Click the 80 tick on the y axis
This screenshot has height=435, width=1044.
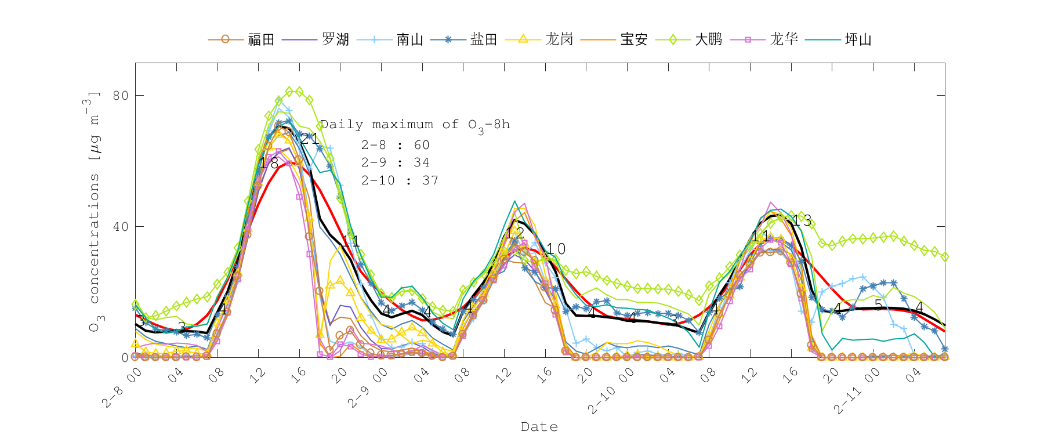coord(121,95)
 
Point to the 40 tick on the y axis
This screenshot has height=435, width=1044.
coord(121,226)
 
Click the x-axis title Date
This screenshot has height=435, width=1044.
coord(539,427)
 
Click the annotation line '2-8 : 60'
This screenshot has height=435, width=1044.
coord(395,145)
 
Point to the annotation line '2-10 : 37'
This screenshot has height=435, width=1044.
coord(400,180)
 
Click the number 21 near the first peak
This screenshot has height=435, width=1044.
coord(309,139)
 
